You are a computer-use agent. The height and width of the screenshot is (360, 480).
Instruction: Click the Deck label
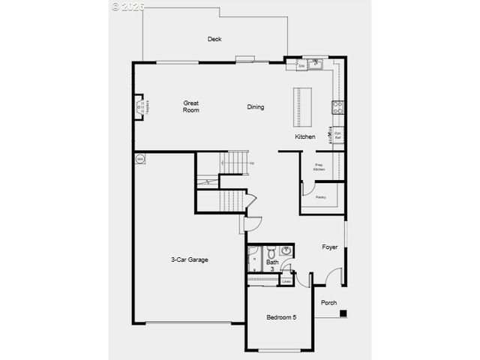click(214, 39)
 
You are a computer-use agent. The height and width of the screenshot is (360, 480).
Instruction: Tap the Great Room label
click(191, 106)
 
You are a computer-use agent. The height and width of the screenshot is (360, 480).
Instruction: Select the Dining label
click(256, 106)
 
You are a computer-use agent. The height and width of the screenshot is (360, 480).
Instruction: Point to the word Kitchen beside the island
click(304, 137)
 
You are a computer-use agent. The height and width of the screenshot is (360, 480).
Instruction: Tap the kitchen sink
click(315, 65)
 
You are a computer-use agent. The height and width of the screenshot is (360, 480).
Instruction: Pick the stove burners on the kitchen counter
click(338, 107)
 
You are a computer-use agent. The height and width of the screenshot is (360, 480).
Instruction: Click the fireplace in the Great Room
click(140, 106)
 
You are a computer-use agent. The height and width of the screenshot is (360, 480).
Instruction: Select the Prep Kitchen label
click(319, 167)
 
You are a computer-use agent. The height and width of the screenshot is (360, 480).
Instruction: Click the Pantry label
click(320, 197)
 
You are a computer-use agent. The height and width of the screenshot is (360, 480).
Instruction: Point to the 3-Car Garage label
click(190, 259)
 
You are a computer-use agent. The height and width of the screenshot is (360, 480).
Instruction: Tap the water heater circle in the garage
click(140, 159)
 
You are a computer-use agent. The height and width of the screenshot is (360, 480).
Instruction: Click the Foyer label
click(330, 247)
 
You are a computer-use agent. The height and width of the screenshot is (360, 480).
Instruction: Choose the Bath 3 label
click(271, 265)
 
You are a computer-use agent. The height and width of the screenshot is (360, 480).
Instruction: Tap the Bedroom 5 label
click(281, 317)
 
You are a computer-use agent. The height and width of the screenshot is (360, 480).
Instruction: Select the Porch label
click(328, 303)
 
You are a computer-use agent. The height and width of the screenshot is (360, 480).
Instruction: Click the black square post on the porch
click(343, 313)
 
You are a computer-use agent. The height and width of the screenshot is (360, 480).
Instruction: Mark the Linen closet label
click(286, 281)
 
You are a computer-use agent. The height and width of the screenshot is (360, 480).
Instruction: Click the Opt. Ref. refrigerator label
click(338, 136)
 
